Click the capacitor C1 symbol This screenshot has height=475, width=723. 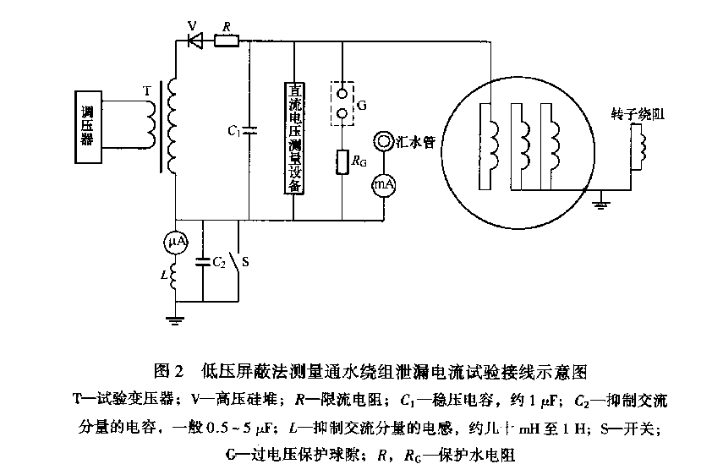pos(251,131)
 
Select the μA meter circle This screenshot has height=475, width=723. pos(174,243)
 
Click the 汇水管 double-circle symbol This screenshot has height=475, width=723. pos(384,142)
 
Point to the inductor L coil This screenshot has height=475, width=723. pos(174,275)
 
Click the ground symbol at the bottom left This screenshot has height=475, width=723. pos(174,319)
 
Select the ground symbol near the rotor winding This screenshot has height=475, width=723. pos(601,203)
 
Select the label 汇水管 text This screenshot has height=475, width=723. pos(415,141)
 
